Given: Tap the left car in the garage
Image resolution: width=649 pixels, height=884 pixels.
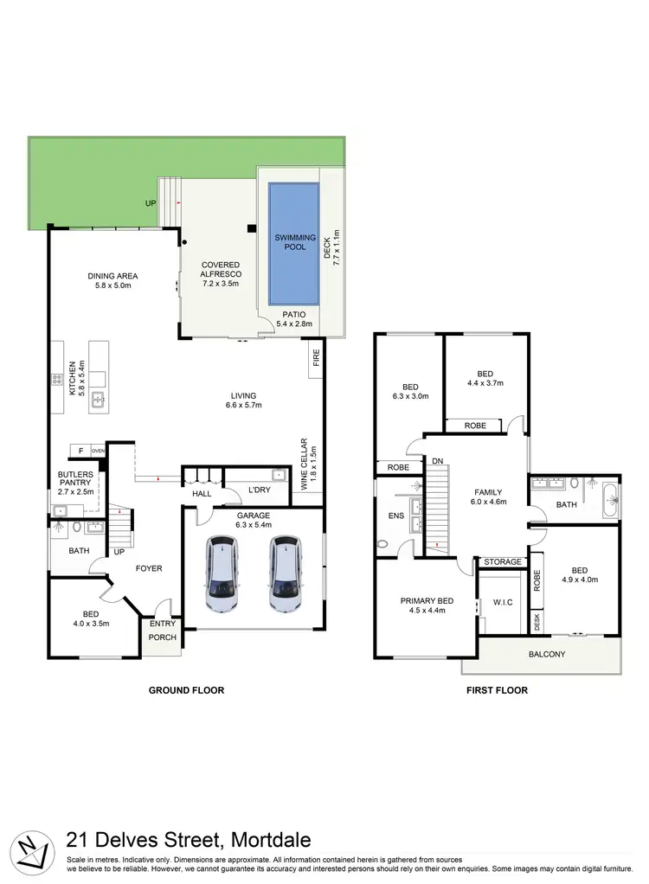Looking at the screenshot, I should tap(222, 573).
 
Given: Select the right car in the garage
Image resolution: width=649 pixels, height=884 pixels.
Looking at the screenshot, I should tap(282, 573).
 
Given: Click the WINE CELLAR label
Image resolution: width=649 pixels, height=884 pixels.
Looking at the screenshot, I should tap(309, 468).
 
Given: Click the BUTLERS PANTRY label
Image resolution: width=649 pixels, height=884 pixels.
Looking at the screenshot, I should tap(69, 480).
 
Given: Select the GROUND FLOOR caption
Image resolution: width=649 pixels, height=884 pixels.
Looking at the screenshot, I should tap(186, 690).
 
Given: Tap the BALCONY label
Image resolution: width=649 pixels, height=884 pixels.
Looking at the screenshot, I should tap(547, 654).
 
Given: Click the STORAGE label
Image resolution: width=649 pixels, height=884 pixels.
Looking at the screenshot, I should tap(502, 562).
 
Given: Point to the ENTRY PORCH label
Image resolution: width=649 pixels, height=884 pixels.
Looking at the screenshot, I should tap(163, 631).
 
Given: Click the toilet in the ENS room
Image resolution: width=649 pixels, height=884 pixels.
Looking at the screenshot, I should tap(382, 544).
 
